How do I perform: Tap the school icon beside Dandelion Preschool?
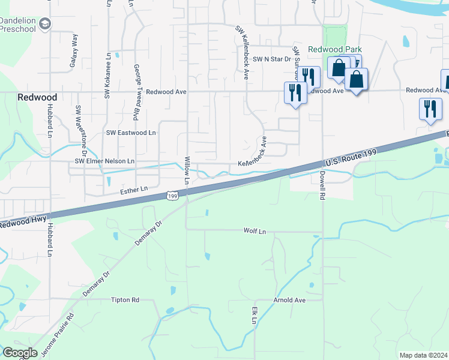[45, 24]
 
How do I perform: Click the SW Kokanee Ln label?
[108, 82]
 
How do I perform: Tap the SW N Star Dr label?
[271, 59]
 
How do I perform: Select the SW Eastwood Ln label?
[131, 133]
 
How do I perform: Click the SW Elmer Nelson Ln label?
[104, 161]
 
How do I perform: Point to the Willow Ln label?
[187, 170]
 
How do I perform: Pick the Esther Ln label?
[134, 190]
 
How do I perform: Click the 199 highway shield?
[172, 196]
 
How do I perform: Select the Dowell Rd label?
[322, 184]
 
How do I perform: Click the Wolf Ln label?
[255, 230]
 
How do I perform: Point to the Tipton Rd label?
[125, 299]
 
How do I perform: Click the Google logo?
[20, 353]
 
